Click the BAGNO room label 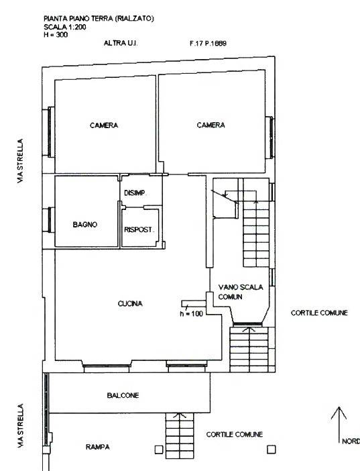(x=85, y=224)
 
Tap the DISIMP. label (x=135, y=193)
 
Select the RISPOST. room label (x=139, y=229)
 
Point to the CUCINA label (x=130, y=303)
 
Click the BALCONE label (x=123, y=395)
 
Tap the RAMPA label (x=98, y=447)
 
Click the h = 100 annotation (x=192, y=313)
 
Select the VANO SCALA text (x=241, y=287)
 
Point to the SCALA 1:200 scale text (x=65, y=27)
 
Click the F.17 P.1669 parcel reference (x=208, y=43)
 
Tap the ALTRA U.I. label (x=121, y=43)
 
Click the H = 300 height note (x=56, y=34)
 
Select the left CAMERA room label (x=104, y=125)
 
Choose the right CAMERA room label (x=211, y=125)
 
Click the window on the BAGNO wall (x=49, y=219)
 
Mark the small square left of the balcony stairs (x=158, y=450)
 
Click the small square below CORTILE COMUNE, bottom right (x=272, y=450)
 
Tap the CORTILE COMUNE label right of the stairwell (x=319, y=313)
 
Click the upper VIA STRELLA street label (x=20, y=161)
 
